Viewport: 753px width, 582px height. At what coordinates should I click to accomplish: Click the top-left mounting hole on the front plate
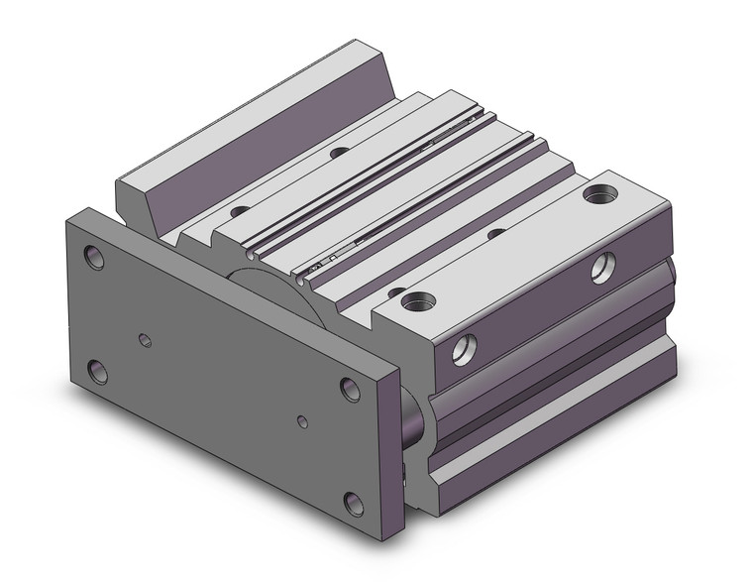95,258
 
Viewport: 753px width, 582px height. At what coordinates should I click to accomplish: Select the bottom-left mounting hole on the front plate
98,372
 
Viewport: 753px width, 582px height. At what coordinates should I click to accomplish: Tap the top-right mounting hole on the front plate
350,388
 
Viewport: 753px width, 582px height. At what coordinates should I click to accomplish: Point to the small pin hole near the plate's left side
146,340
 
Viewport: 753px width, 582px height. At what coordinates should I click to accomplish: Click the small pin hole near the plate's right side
302,422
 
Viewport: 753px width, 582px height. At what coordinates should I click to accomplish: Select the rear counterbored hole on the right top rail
597,194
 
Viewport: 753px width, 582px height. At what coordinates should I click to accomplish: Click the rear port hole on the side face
602,267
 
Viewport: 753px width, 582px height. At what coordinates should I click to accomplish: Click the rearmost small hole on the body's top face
339,153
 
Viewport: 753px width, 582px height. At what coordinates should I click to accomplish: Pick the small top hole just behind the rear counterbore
496,232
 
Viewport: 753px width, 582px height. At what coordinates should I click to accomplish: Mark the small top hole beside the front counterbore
395,291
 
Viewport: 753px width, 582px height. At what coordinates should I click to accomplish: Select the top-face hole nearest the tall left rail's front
239,210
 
